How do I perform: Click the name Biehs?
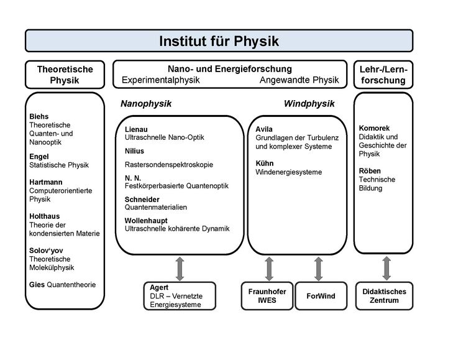39,116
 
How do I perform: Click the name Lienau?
137,129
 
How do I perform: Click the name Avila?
265,129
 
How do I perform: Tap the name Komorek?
375,128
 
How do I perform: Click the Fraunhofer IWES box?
267,296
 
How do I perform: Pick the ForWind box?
320,296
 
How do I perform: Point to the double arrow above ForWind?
319,268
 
